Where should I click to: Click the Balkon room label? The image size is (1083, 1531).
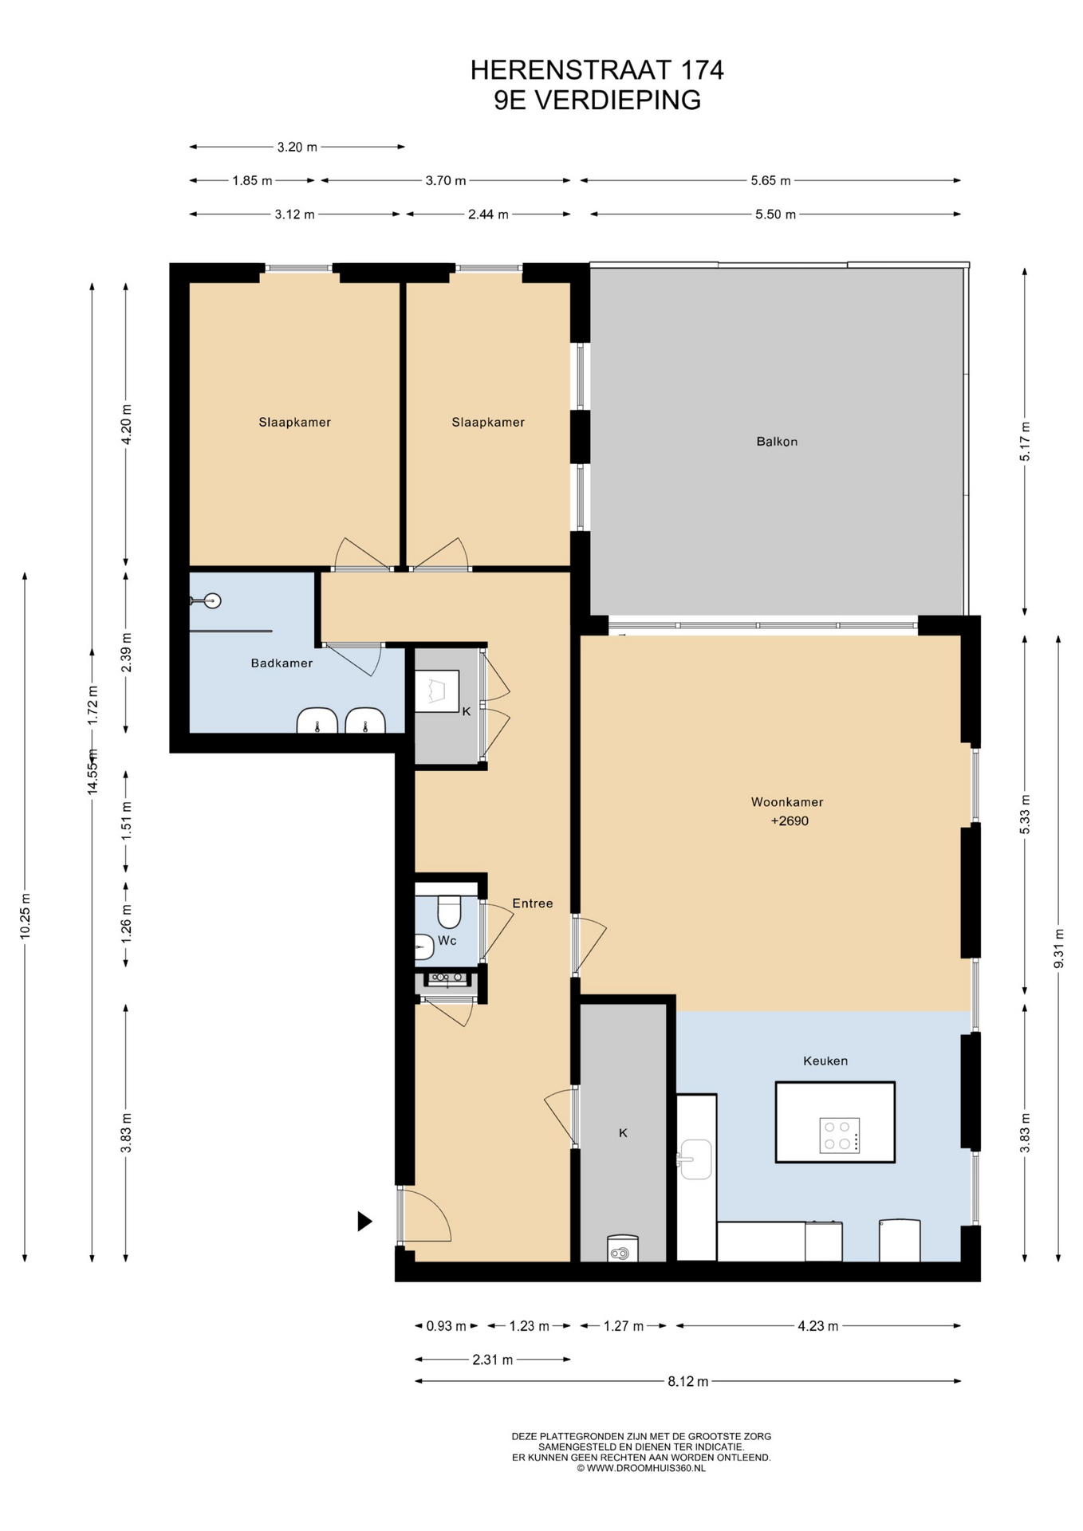(x=777, y=441)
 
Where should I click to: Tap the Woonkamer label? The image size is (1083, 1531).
(x=787, y=802)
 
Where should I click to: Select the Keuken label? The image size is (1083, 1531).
(x=825, y=1061)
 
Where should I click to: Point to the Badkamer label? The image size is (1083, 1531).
(x=282, y=663)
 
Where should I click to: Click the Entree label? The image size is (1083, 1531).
(x=532, y=903)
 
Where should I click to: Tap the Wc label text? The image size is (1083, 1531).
(x=447, y=941)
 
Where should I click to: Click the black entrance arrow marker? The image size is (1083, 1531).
(x=364, y=1221)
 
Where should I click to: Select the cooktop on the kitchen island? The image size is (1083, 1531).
(x=840, y=1135)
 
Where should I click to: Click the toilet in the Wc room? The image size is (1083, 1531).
(x=449, y=911)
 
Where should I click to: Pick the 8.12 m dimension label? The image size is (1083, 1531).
(x=687, y=1381)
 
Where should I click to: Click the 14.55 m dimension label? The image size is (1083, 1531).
(x=93, y=772)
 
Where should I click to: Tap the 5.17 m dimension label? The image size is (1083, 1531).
(x=1026, y=441)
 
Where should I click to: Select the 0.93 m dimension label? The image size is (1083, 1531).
(x=446, y=1326)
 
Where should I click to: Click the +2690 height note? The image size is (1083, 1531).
(x=790, y=821)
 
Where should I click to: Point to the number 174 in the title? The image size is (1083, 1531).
(x=702, y=70)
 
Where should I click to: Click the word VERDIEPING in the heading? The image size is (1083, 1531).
(x=617, y=100)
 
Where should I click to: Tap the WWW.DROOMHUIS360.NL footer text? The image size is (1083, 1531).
(x=646, y=1468)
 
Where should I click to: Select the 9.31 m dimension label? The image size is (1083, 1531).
(x=1059, y=949)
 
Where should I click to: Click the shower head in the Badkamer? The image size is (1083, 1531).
(x=212, y=601)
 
